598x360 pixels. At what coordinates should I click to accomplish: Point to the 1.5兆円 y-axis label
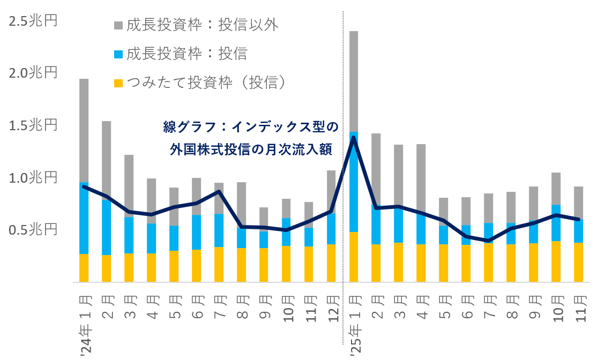pos(33,126)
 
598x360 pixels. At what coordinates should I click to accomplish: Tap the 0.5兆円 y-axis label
pos(33,230)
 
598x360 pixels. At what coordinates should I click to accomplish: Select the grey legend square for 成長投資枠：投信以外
pos(118,25)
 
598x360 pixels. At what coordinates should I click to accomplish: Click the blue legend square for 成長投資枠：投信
pos(118,54)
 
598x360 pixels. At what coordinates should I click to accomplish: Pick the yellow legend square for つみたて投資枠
pos(118,82)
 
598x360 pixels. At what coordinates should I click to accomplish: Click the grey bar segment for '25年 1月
pos(354,80)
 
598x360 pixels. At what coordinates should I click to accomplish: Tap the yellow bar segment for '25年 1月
pos(354,257)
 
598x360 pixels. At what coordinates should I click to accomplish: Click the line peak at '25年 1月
pos(354,138)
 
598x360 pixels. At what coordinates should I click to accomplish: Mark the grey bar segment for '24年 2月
pos(107,161)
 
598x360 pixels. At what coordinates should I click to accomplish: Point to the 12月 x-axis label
pos(333,306)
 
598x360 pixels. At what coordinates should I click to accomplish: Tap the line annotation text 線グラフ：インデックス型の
pos(251,127)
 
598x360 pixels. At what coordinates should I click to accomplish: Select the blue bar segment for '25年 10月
pos(556,223)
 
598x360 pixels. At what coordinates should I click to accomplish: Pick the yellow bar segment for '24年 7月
pos(219,264)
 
